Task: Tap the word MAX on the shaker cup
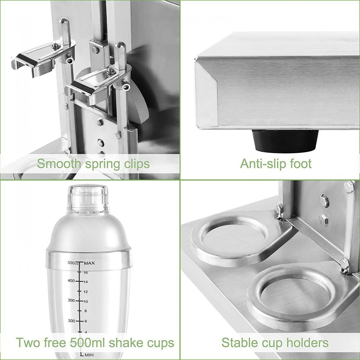pyautogui.click(x=89, y=263)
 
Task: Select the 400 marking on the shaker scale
pyautogui.click(x=71, y=280)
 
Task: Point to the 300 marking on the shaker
pyautogui.click(x=71, y=300)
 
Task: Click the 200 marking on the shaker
pyautogui.click(x=71, y=321)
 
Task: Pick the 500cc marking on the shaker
pyautogui.click(x=73, y=263)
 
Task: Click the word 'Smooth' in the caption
pyautogui.click(x=59, y=164)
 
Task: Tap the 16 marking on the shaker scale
pyautogui.click(x=85, y=273)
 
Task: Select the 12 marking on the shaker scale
pyautogui.click(x=85, y=292)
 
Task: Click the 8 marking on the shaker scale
pyautogui.click(x=85, y=311)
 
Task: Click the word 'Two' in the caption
pyautogui.click(x=27, y=343)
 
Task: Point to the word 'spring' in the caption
pyautogui.click(x=101, y=164)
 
